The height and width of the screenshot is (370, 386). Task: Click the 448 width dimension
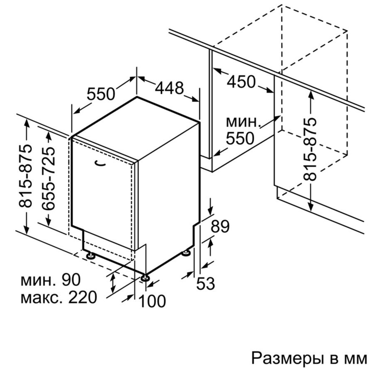click(x=169, y=88)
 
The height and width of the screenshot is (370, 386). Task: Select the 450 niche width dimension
click(x=241, y=82)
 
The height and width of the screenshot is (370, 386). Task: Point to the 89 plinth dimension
click(x=220, y=226)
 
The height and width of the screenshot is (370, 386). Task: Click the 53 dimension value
click(x=206, y=283)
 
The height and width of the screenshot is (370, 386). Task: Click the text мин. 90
click(x=51, y=280)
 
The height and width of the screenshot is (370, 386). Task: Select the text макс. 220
click(x=59, y=297)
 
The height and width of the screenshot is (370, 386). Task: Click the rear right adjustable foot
click(x=186, y=253)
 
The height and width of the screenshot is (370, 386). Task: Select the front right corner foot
click(x=145, y=277)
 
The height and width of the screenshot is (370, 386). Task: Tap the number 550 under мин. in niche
click(x=240, y=138)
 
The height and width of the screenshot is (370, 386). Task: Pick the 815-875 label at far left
click(x=25, y=176)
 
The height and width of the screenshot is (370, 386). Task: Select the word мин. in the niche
click(x=243, y=122)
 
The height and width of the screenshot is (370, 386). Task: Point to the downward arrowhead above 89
click(x=211, y=210)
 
